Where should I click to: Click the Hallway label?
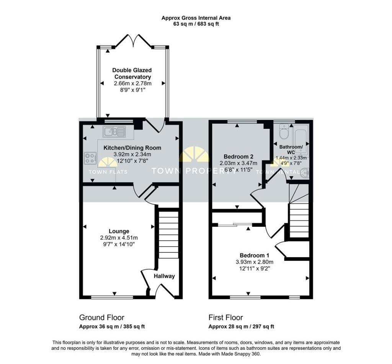click(164, 276)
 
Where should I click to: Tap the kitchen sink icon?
click(114, 131)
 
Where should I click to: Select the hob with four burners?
click(90, 158)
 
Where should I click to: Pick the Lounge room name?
click(119, 231)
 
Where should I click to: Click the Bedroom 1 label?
click(254, 256)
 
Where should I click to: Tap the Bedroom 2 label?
click(238, 157)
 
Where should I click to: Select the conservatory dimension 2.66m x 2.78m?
click(133, 83)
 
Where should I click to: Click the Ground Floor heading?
click(102, 318)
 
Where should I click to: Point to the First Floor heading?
click(226, 318)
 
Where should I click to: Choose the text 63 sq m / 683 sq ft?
click(196, 24)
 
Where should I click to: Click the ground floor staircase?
click(169, 234)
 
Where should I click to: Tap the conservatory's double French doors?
click(133, 41)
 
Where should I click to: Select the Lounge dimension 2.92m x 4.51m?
click(119, 238)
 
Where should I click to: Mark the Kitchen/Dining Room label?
click(132, 148)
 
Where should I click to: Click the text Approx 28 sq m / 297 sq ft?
click(241, 326)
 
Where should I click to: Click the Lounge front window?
click(112, 297)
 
